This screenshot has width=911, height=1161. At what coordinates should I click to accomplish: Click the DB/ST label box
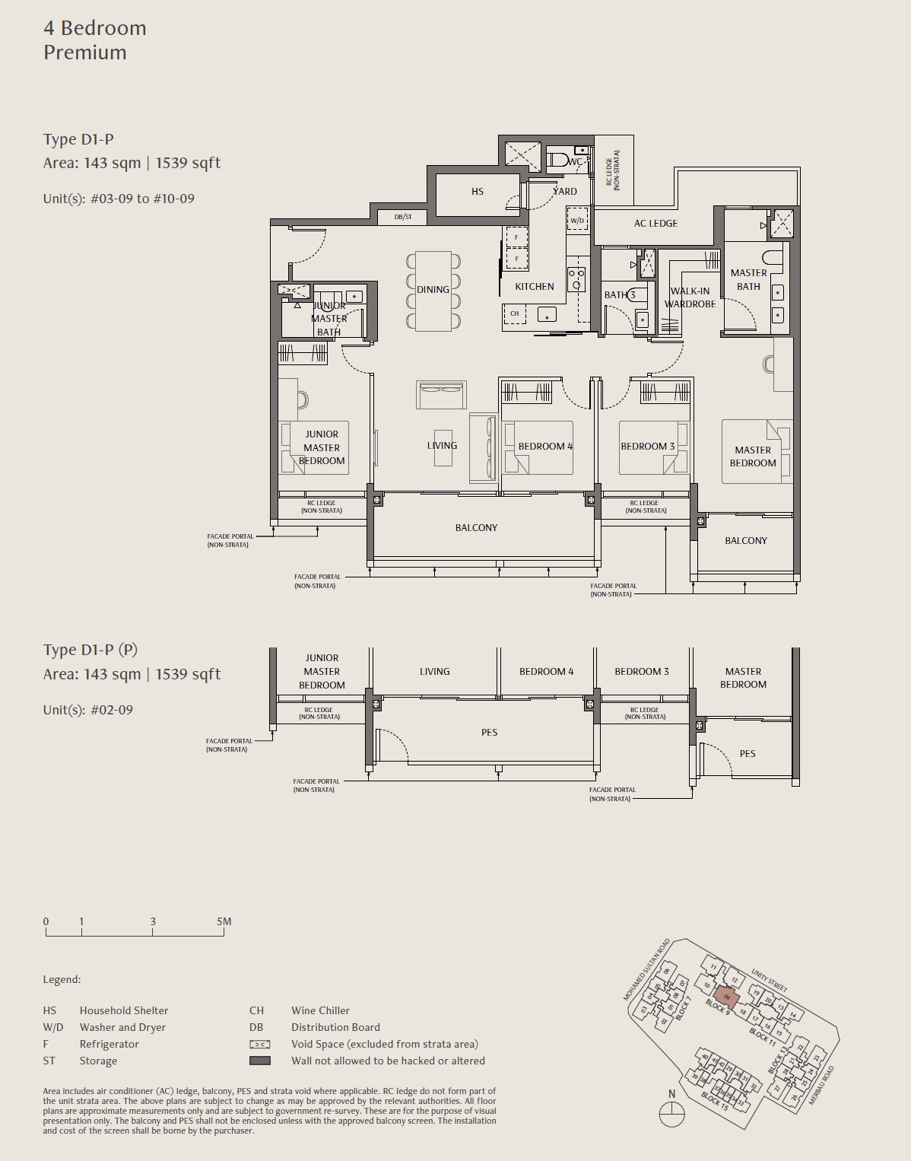(x=402, y=217)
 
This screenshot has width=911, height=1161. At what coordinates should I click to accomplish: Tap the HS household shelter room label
(x=477, y=192)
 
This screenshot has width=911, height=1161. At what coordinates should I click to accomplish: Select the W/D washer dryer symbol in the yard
(x=577, y=221)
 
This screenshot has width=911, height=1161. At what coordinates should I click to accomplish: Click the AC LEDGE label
(x=655, y=224)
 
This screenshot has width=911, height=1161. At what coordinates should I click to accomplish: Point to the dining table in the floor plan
(x=433, y=291)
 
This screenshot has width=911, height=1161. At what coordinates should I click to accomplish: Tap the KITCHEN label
(x=534, y=287)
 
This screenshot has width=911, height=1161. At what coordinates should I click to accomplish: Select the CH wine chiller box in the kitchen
(x=515, y=313)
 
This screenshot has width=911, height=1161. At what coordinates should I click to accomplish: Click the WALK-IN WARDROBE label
(x=690, y=297)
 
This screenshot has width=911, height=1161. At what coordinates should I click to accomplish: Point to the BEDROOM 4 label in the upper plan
(x=545, y=447)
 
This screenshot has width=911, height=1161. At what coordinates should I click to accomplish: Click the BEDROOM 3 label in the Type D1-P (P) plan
(x=642, y=672)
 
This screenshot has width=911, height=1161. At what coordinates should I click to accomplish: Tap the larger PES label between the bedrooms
(x=489, y=733)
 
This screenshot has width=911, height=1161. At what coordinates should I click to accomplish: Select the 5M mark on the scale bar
(x=224, y=922)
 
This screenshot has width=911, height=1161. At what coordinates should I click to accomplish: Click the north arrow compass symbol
(x=671, y=1114)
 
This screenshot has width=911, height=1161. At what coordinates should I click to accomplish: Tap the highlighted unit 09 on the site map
(x=726, y=997)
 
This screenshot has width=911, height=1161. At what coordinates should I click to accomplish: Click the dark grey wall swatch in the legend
(x=260, y=1061)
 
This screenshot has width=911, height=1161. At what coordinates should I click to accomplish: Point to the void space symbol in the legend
(x=260, y=1045)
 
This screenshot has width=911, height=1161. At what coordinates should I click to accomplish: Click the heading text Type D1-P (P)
(x=90, y=650)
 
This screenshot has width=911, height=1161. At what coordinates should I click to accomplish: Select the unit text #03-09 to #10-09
(x=142, y=199)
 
